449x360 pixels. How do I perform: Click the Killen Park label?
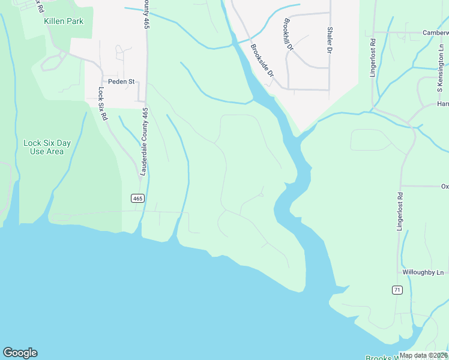point(63,21)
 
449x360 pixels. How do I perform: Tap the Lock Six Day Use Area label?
point(47,147)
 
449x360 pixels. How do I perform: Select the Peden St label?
point(120,81)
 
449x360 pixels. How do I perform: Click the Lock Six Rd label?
point(102,104)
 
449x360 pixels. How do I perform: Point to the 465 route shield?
point(137,198)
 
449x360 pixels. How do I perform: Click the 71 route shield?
point(397,290)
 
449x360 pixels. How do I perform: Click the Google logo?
point(20,353)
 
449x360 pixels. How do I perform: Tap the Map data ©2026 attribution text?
point(423,355)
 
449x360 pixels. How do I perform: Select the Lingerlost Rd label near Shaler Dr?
point(373,56)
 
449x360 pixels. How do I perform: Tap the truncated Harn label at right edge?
point(442,104)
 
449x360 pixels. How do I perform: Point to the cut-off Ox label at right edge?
point(444,186)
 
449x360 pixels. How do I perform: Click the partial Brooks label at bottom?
point(381,357)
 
